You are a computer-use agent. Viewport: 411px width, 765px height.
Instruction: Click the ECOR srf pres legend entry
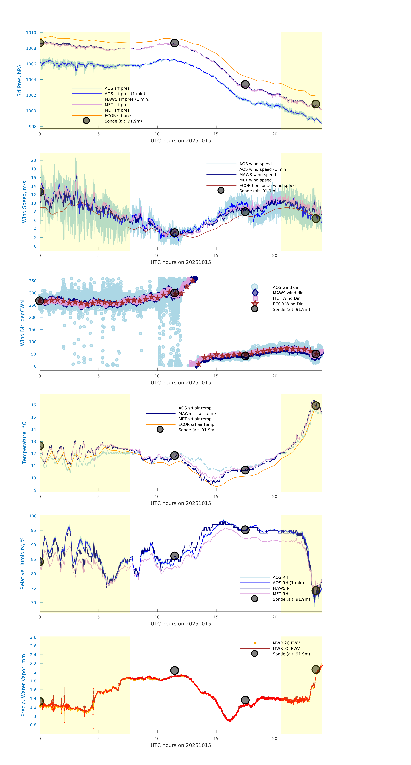(x=118, y=116)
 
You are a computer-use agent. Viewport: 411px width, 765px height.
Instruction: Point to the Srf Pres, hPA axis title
(x=19, y=81)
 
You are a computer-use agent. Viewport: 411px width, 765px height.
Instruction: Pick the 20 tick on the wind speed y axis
(x=34, y=160)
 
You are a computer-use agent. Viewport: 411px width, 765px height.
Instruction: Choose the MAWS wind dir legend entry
(x=287, y=293)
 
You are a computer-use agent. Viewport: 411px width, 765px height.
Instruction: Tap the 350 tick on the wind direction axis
(x=33, y=281)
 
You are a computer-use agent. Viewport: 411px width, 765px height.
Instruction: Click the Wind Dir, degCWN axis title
(x=22, y=323)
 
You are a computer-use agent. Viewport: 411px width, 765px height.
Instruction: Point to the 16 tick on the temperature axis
(x=34, y=405)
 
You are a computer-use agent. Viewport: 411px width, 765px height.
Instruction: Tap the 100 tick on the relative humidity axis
(x=33, y=516)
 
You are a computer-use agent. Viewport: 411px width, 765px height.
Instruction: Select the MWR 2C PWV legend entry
(x=286, y=643)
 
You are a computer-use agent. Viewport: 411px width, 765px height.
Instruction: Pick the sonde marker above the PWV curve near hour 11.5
(x=174, y=670)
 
